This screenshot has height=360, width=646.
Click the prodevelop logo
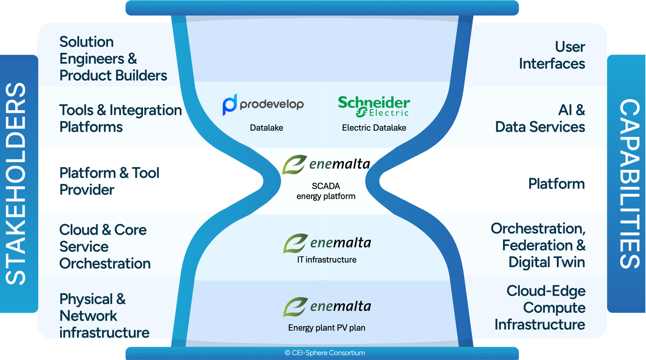(263, 104)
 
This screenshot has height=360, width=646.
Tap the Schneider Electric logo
(374, 106)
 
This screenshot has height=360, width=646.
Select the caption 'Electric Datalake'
(374, 128)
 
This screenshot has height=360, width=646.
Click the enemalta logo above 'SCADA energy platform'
(326, 164)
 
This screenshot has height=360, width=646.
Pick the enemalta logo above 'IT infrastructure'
(327, 243)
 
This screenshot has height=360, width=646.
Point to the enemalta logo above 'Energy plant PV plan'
(327, 306)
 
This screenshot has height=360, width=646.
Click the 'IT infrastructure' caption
(327, 260)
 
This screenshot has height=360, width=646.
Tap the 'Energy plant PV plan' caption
(327, 328)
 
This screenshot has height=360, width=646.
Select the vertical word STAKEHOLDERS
(16, 184)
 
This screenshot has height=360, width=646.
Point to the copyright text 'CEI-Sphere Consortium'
(325, 353)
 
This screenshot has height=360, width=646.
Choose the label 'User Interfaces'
(552, 55)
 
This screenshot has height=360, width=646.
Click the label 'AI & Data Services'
(540, 118)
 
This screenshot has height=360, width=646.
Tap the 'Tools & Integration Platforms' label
(120, 118)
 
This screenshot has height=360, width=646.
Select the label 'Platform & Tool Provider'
(109, 181)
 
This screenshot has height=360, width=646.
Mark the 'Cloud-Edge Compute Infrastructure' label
(540, 307)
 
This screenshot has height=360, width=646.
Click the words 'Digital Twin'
(547, 262)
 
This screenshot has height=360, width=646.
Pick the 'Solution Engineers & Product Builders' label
(113, 58)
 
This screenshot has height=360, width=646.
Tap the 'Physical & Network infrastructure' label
(104, 316)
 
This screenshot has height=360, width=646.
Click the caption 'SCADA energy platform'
(326, 191)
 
